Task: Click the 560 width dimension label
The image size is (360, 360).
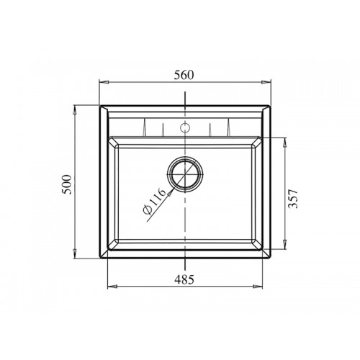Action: (184, 75)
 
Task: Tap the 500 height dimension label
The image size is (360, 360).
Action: (67, 184)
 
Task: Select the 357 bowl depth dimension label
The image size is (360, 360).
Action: (293, 199)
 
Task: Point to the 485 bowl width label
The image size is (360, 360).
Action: (184, 279)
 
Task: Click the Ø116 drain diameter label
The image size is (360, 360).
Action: (154, 201)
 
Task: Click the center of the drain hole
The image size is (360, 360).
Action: (185, 174)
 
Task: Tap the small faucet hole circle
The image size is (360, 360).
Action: (185, 127)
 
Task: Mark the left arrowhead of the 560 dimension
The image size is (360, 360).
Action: (104, 82)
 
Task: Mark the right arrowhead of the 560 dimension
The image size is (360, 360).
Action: (266, 82)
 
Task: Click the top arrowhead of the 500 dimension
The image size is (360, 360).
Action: (75, 110)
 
